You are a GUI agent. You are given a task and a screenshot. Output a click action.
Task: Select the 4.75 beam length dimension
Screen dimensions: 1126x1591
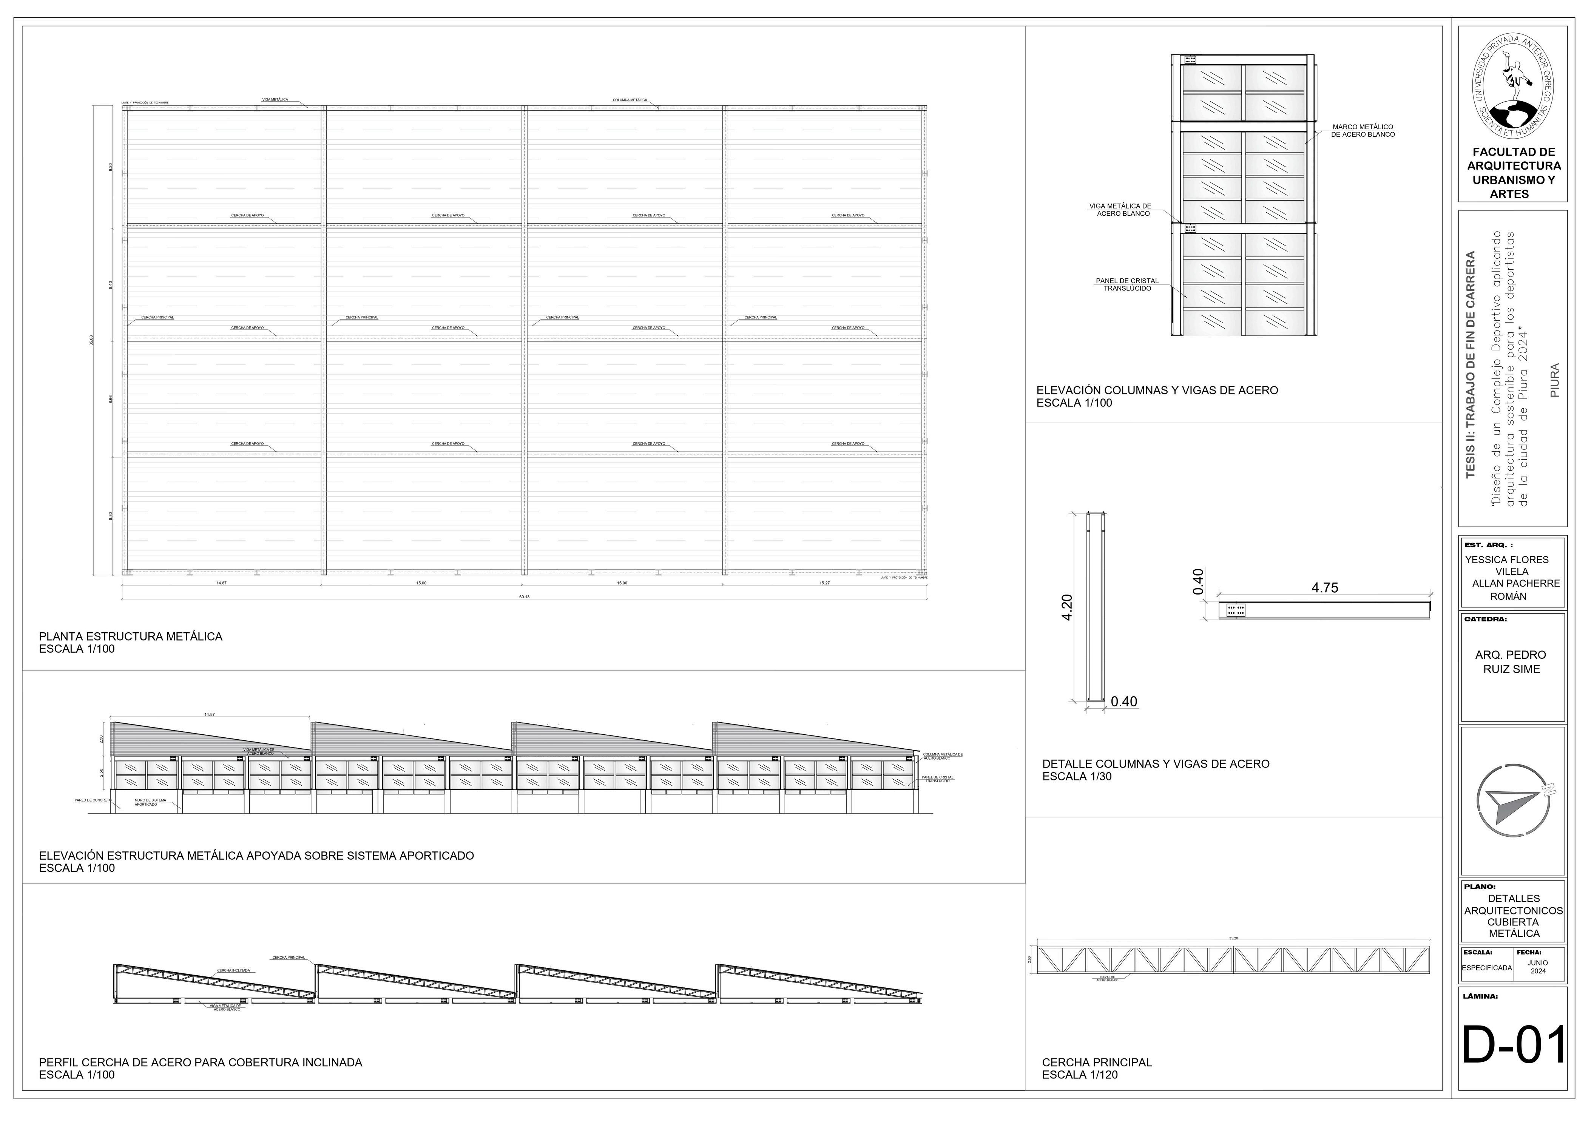coord(1324,588)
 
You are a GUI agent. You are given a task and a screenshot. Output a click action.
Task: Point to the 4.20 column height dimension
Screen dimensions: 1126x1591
coord(1067,607)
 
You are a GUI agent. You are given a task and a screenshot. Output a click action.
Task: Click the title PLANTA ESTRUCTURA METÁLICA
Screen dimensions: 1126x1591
coord(130,636)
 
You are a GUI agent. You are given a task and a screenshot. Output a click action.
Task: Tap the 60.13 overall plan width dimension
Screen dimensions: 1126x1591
coord(524,596)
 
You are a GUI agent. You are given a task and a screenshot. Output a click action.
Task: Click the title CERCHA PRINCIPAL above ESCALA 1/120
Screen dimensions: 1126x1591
coord(1097,1062)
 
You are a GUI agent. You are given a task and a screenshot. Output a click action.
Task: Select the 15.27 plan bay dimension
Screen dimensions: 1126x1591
coord(824,583)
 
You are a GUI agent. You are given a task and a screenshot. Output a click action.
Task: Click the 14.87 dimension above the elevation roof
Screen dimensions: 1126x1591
coord(209,714)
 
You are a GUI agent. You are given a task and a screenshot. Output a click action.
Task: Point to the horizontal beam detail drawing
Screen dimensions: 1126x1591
coord(1324,610)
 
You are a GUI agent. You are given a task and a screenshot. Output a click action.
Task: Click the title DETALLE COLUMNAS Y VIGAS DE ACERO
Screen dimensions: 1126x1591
coord(1156,764)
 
